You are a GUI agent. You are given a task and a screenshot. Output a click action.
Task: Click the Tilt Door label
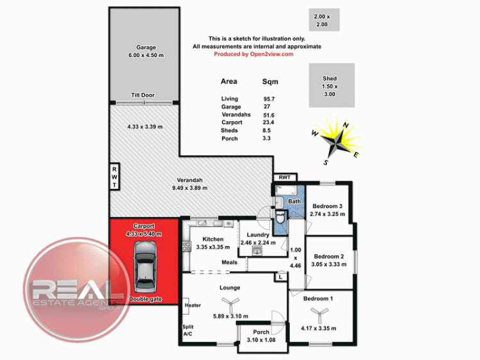pyautogui.click(x=143, y=95)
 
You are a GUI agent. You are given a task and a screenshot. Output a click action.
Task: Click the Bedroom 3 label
pyautogui.click(x=328, y=206)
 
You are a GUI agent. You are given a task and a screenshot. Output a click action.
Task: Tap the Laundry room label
pyautogui.click(x=259, y=235)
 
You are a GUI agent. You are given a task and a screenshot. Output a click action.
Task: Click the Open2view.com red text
pyautogui.click(x=253, y=54)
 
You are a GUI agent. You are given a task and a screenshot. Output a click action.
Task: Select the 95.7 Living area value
pyautogui.click(x=268, y=99)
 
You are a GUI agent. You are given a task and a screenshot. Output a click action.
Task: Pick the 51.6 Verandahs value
pyautogui.click(x=268, y=115)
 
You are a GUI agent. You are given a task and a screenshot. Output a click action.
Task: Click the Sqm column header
pyautogui.click(x=270, y=82)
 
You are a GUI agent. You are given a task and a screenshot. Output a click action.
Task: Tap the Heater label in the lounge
pyautogui.click(x=193, y=306)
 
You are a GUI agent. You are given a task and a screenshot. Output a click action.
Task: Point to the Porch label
pyautogui.click(x=261, y=332)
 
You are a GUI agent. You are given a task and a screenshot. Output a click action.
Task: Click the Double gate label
pyautogui.click(x=144, y=299)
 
